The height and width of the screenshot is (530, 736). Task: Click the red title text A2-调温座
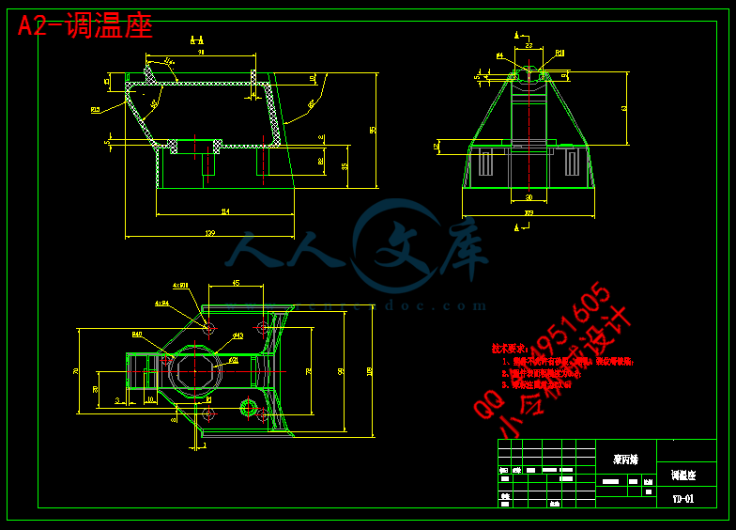[84, 25]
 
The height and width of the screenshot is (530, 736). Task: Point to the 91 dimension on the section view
[201, 53]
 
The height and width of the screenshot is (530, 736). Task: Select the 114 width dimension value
[223, 210]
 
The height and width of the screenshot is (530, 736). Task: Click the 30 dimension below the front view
[529, 196]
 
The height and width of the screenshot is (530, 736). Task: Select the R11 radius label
[560, 54]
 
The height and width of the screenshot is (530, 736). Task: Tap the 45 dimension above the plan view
[235, 282]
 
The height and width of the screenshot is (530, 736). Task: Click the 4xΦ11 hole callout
[180, 285]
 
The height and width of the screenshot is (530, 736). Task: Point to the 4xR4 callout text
[161, 304]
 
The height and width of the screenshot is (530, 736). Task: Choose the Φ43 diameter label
[238, 335]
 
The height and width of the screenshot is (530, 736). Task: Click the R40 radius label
[137, 335]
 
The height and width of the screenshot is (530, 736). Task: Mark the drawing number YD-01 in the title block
[682, 499]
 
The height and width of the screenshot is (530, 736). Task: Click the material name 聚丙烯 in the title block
[625, 460]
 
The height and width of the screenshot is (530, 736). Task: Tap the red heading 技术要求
[510, 348]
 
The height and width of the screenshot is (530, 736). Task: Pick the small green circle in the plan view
[248, 407]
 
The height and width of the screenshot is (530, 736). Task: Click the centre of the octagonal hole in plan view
[199, 368]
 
